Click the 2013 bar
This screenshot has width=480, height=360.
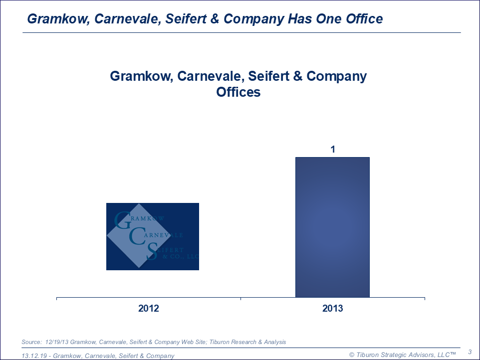pyautogui.click(x=332, y=227)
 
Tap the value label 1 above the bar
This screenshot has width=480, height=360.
pyautogui.click(x=332, y=149)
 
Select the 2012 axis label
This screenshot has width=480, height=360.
pyautogui.click(x=149, y=309)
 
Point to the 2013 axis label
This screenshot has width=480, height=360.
pyautogui.click(x=333, y=309)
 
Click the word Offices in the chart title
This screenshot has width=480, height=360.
pyautogui.click(x=239, y=92)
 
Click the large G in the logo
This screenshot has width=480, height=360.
pyautogui.click(x=122, y=221)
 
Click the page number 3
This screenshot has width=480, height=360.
pyautogui.click(x=470, y=352)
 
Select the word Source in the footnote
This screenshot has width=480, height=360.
pyautogui.click(x=31, y=342)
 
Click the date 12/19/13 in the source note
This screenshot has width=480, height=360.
pyautogui.click(x=56, y=342)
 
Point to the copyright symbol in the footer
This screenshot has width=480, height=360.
pyautogui.click(x=351, y=355)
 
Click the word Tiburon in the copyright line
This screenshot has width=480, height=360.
pyautogui.click(x=369, y=355)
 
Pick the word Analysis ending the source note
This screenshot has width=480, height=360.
pyautogui.click(x=274, y=342)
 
